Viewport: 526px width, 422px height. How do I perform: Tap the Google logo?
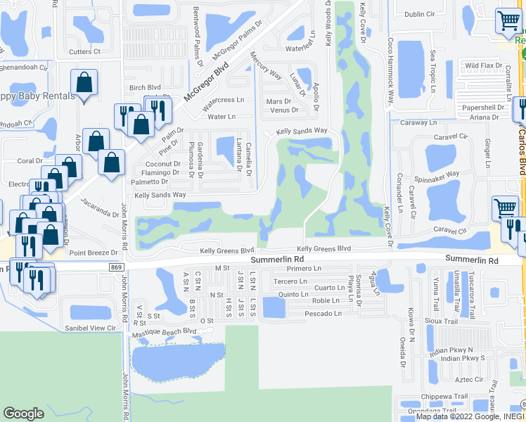click(x=23, y=414)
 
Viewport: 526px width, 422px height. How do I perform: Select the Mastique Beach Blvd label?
click(x=165, y=331)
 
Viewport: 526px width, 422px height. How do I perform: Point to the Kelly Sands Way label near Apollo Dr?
click(x=302, y=132)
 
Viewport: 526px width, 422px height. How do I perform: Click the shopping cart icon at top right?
click(x=508, y=20)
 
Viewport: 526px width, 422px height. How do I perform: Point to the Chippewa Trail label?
click(x=449, y=396)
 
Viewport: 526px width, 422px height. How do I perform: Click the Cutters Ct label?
click(x=85, y=51)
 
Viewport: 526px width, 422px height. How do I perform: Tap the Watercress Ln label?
click(x=223, y=100)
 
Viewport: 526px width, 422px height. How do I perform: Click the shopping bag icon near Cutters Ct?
click(x=84, y=83)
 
